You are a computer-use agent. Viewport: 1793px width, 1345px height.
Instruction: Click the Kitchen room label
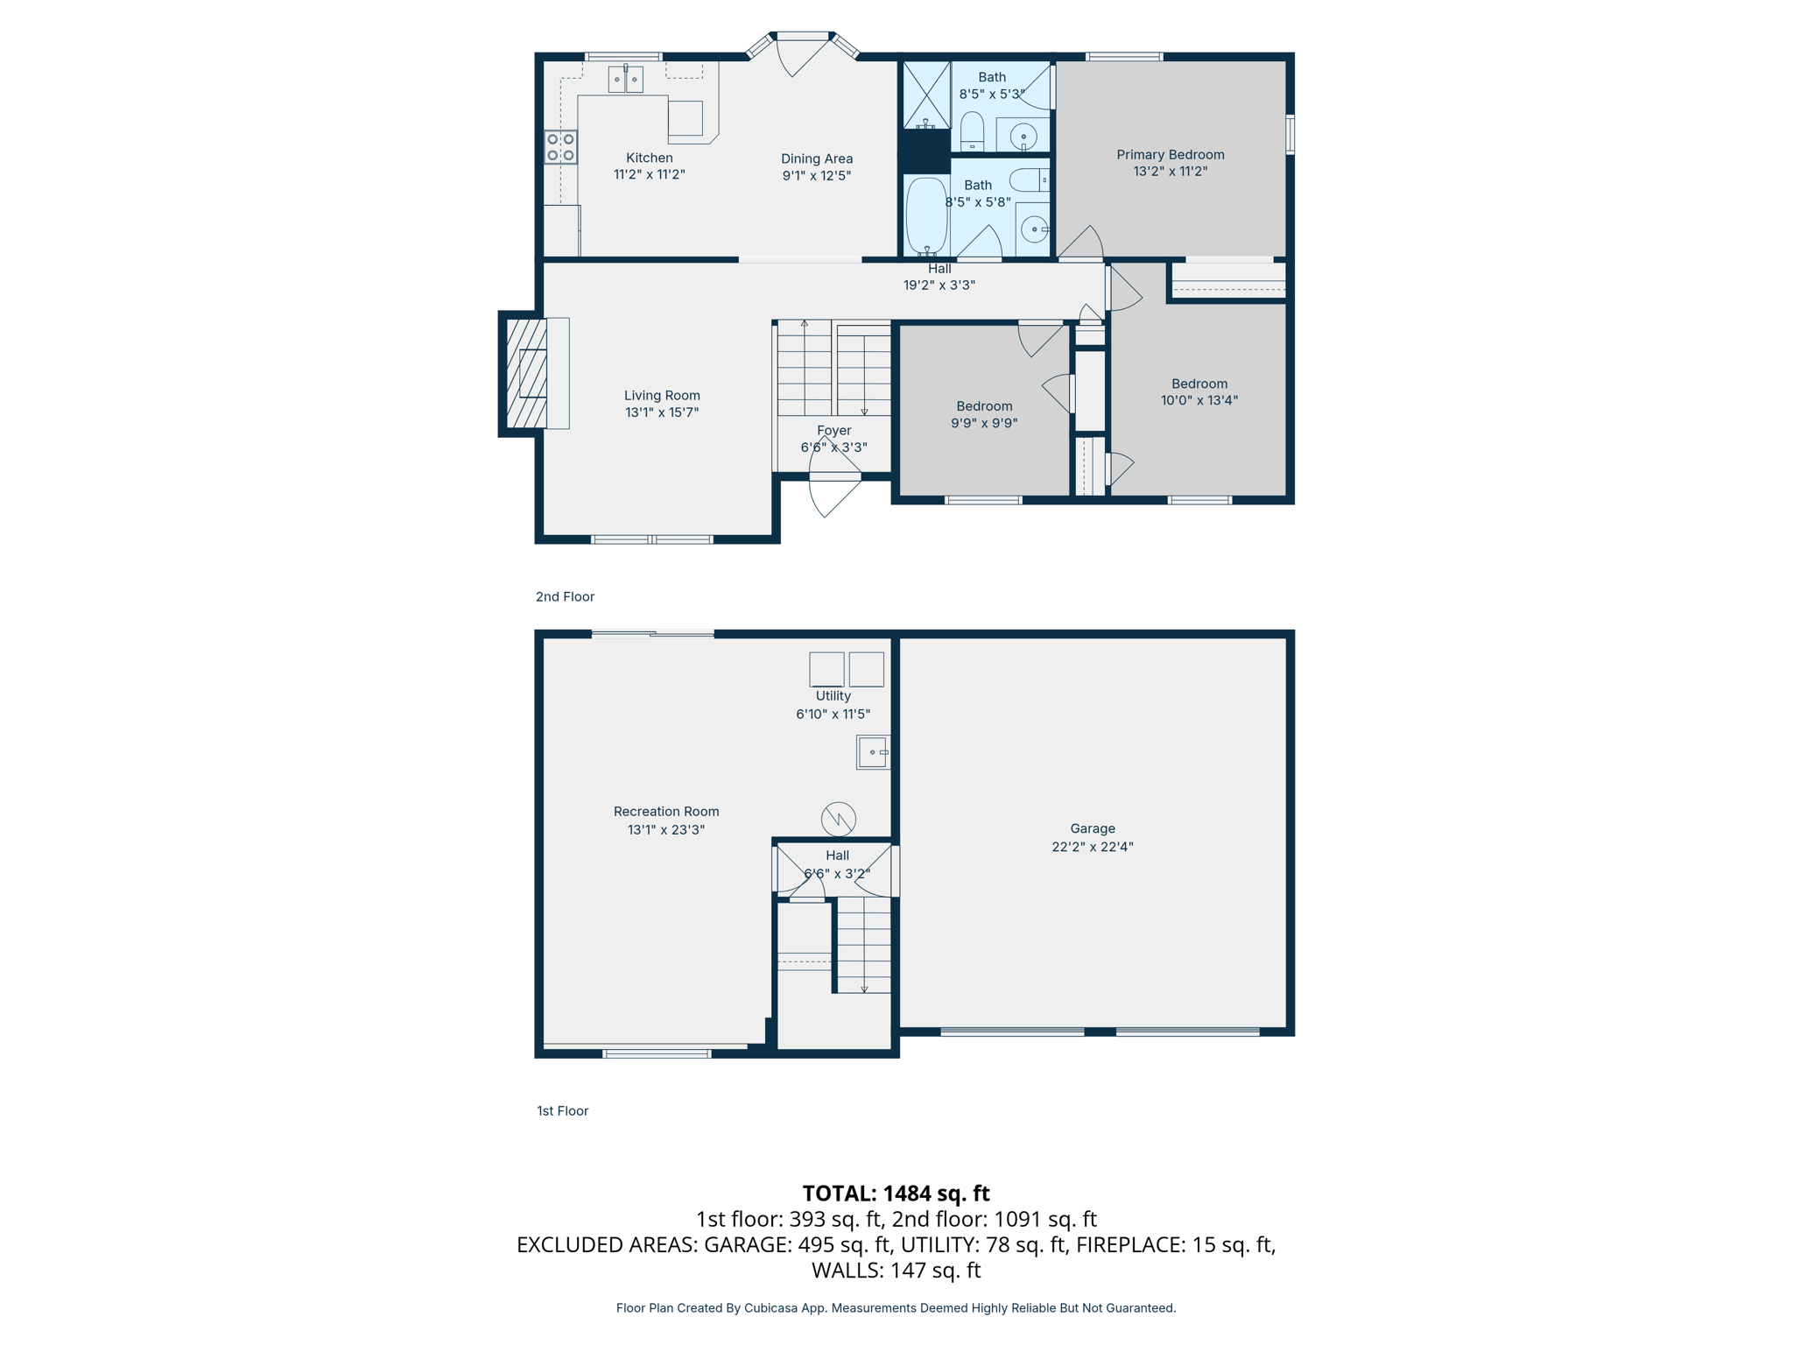[649, 158]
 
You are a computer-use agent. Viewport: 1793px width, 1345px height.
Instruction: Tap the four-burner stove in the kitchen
[560, 147]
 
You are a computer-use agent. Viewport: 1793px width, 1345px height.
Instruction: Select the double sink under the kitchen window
[625, 80]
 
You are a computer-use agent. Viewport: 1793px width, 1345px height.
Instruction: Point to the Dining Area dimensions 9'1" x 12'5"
[816, 175]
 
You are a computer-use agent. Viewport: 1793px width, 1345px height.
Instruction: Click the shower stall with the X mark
[926, 95]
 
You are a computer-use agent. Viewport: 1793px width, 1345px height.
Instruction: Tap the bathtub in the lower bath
[926, 215]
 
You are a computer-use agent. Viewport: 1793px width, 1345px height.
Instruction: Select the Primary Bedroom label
[1170, 155]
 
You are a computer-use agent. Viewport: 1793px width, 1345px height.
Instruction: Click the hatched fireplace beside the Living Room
[526, 373]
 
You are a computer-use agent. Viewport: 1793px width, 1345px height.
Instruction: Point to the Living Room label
[662, 396]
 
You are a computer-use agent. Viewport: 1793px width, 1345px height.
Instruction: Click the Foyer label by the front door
[833, 431]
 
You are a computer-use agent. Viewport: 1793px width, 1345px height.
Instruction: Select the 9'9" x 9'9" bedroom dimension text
[984, 423]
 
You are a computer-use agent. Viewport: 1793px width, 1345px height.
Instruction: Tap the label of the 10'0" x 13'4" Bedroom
[1199, 384]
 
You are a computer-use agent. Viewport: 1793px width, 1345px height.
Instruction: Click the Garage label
[1092, 828]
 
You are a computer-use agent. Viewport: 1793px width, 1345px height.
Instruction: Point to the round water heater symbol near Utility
[838, 819]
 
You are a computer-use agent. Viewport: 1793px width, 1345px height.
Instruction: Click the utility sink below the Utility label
[873, 752]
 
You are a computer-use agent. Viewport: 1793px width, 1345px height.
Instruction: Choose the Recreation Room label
[666, 812]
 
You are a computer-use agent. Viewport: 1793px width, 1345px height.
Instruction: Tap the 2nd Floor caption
[565, 596]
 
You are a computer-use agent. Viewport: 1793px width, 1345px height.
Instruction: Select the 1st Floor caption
[562, 1110]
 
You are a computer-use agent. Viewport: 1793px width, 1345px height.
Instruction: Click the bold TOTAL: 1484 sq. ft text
[896, 1194]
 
